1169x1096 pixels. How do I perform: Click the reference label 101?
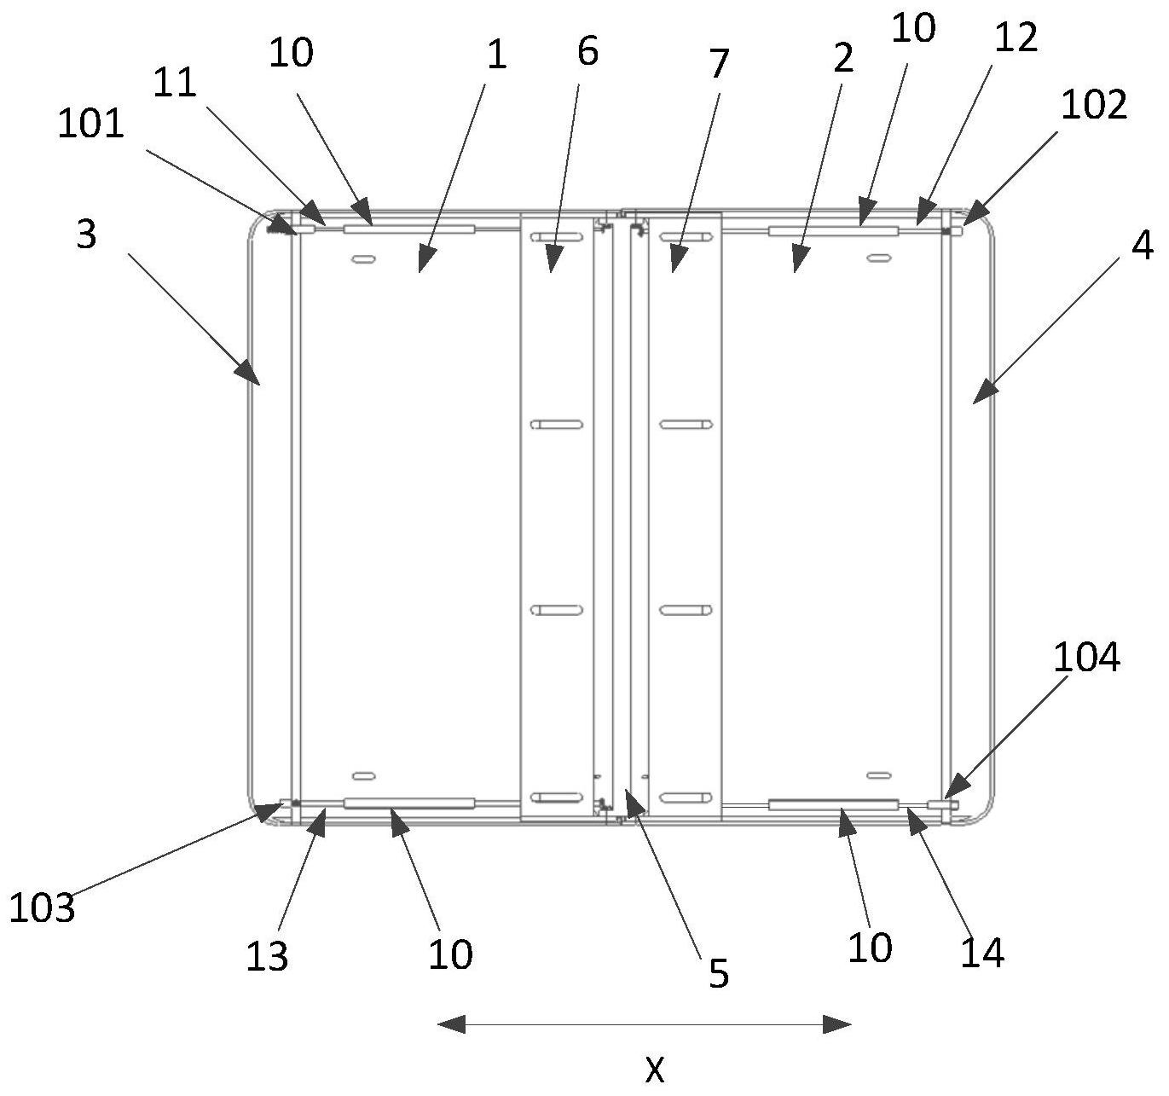91,124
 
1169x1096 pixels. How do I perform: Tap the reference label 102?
1094,105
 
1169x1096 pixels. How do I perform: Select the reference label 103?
42,908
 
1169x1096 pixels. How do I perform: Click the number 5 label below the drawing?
719,973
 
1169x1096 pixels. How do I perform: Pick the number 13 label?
267,957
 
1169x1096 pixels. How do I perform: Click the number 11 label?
176,83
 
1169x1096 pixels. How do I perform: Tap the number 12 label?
1015,38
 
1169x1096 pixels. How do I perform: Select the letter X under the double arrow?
654,1069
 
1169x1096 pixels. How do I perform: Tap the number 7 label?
720,63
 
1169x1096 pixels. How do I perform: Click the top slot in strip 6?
556,236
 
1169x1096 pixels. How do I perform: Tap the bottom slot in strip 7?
686,797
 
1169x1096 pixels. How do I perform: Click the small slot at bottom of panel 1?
364,776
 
